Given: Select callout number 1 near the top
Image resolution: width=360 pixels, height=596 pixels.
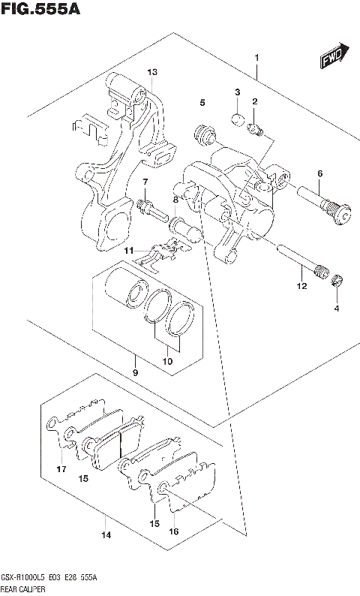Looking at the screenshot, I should [256, 58].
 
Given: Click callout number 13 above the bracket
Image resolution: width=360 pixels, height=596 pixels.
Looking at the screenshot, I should [152, 72].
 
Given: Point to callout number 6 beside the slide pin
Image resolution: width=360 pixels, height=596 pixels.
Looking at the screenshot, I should [319, 174].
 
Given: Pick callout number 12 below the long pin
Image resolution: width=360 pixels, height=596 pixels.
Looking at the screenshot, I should [301, 286].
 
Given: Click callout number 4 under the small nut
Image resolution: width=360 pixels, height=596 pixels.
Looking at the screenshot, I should [336, 308].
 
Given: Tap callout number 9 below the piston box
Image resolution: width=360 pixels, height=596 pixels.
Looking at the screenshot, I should [135, 373].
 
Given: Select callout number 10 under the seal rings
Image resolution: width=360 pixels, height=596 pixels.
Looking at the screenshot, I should [167, 362].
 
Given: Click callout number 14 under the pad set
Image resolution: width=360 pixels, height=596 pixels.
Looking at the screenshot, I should [106, 535].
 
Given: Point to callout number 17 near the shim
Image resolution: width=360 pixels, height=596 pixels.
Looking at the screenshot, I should [61, 470].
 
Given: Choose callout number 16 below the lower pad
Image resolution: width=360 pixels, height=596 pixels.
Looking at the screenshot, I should [174, 531].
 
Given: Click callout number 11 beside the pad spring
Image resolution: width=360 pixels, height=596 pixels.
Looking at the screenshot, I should [129, 250].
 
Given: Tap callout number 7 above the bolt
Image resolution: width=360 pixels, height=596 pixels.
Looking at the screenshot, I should [145, 182].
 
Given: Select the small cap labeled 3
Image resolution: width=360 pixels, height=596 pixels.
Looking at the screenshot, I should [235, 116].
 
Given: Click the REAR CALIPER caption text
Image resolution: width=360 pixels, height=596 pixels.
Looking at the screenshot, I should [27, 589].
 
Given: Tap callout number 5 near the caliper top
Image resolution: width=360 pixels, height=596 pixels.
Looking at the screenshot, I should [202, 102].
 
